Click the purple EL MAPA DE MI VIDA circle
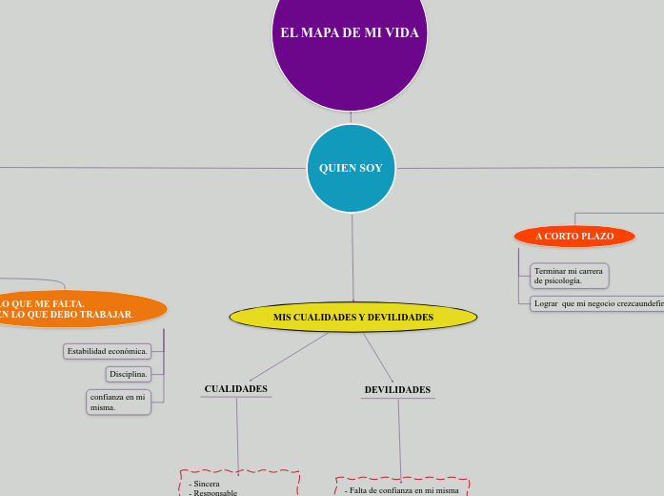coord(350,57)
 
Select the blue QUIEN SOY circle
coord(351,168)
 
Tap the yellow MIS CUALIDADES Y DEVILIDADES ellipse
coord(352,317)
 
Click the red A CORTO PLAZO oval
coord(574,236)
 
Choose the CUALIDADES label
coord(235,388)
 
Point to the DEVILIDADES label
coord(397,389)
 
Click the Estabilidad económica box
coord(108,351)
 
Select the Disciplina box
coord(128,374)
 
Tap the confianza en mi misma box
coord(118,402)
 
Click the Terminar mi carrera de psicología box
coord(569,276)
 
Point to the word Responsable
coord(214,492)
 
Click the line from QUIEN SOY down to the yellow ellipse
coord(352,258)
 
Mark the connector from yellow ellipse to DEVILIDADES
coord(378,357)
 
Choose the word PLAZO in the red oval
coord(594,236)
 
